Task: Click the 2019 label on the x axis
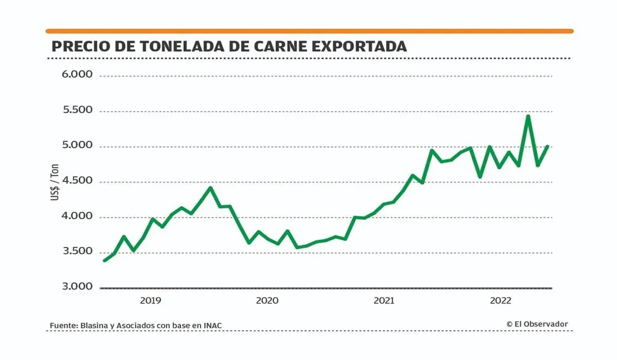click(151, 301)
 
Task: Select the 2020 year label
click(267, 301)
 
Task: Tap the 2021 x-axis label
click(384, 301)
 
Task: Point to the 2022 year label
click(500, 301)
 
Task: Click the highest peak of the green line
click(528, 116)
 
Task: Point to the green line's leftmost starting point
click(104, 261)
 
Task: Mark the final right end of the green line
click(548, 146)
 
